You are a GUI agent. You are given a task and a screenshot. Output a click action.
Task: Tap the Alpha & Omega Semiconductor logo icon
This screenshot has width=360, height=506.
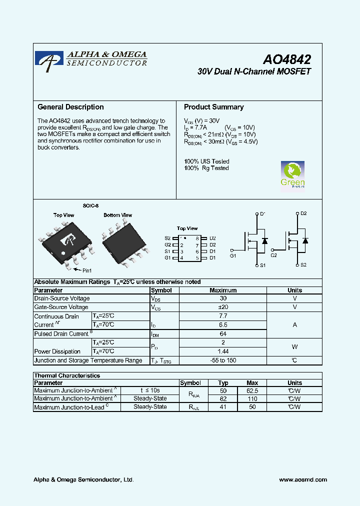click(49, 60)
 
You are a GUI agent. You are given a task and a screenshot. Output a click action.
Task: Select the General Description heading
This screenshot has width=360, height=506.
click(70, 107)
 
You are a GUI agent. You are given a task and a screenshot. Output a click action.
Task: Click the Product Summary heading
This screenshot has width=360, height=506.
click(213, 107)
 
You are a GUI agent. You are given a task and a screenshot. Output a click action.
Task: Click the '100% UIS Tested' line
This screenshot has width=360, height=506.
click(206, 161)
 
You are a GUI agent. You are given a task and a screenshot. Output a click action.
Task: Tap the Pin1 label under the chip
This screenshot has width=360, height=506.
click(87, 270)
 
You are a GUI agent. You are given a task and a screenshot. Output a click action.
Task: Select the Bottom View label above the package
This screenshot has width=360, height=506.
click(117, 215)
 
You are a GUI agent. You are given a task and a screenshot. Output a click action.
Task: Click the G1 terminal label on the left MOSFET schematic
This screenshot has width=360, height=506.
click(233, 255)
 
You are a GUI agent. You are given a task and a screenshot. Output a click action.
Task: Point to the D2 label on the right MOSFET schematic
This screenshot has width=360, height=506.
click(303, 213)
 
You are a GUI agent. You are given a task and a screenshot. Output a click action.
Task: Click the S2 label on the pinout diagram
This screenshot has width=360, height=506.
click(167, 238)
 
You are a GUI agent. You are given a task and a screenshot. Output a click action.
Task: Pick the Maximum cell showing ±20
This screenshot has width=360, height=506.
click(223, 307)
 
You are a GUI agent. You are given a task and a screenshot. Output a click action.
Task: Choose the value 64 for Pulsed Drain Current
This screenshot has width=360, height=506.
click(223, 333)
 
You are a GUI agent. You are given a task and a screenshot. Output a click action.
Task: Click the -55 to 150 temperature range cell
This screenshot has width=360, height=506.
click(223, 360)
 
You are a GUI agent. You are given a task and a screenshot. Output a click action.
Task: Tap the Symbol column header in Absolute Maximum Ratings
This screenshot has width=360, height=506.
click(161, 290)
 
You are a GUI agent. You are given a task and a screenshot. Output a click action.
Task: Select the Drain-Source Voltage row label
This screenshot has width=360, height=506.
click(61, 298)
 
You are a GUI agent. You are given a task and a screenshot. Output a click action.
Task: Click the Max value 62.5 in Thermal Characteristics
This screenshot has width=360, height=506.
click(252, 390)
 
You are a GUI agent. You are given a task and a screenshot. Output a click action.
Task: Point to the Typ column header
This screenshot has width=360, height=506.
click(223, 383)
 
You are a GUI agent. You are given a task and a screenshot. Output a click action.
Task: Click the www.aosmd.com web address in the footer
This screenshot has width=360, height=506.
click(303, 479)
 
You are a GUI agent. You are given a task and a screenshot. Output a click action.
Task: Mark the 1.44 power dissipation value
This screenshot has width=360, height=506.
click(223, 351)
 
